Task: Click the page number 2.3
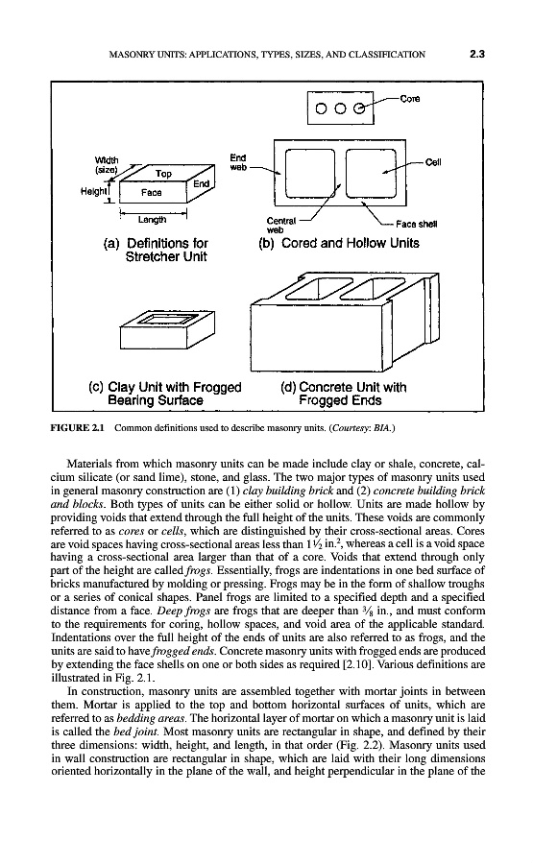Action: point(476,54)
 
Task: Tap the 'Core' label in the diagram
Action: point(409,99)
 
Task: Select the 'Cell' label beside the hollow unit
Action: point(433,162)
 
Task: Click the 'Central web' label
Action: point(281,225)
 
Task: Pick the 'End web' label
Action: point(238,162)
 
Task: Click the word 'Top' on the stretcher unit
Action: point(163,174)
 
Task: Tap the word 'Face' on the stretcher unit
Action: point(151,192)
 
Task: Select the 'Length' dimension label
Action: point(152,220)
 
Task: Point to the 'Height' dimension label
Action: point(92,191)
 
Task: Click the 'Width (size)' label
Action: point(107,165)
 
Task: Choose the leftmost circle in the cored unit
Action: point(322,109)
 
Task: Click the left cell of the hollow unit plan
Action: point(310,173)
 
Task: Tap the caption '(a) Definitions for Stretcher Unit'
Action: point(156,250)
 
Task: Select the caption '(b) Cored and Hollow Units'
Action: point(339,243)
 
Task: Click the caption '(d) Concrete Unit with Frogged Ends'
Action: point(344,394)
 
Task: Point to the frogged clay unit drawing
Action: point(167,329)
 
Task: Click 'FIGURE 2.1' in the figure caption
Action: point(81,427)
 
